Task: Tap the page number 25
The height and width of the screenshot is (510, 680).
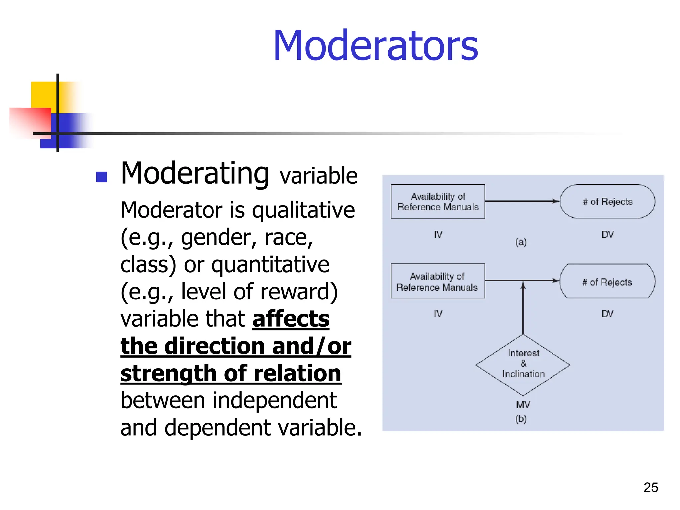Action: coord(650,487)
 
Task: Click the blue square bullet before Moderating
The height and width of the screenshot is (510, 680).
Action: coord(101,177)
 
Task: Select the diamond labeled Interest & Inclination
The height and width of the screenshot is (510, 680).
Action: coord(523,364)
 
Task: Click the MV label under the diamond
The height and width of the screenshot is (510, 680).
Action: coord(523,405)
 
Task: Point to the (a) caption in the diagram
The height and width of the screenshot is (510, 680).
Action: coord(521,242)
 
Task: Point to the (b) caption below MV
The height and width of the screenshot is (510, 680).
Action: coord(521,419)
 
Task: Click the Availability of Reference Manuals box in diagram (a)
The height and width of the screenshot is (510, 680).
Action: coord(438,202)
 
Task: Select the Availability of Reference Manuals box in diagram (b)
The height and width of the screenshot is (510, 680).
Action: coord(438,281)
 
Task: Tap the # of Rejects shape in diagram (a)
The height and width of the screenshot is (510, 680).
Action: coord(607,202)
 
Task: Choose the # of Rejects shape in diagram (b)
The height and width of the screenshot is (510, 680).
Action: coord(607,282)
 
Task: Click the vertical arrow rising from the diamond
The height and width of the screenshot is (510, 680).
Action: coord(523,309)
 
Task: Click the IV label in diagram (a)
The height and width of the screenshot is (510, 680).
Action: coord(438,235)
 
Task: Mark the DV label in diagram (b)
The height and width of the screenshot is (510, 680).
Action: coord(607,314)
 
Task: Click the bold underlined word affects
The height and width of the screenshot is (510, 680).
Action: coord(291,319)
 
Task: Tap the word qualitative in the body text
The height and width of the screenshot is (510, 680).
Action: coord(303,211)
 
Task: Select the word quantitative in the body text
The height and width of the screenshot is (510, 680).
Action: coord(270,265)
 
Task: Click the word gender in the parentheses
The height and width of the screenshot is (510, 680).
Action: coord(216,238)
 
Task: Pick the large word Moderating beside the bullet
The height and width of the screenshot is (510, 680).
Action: coord(195,174)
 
